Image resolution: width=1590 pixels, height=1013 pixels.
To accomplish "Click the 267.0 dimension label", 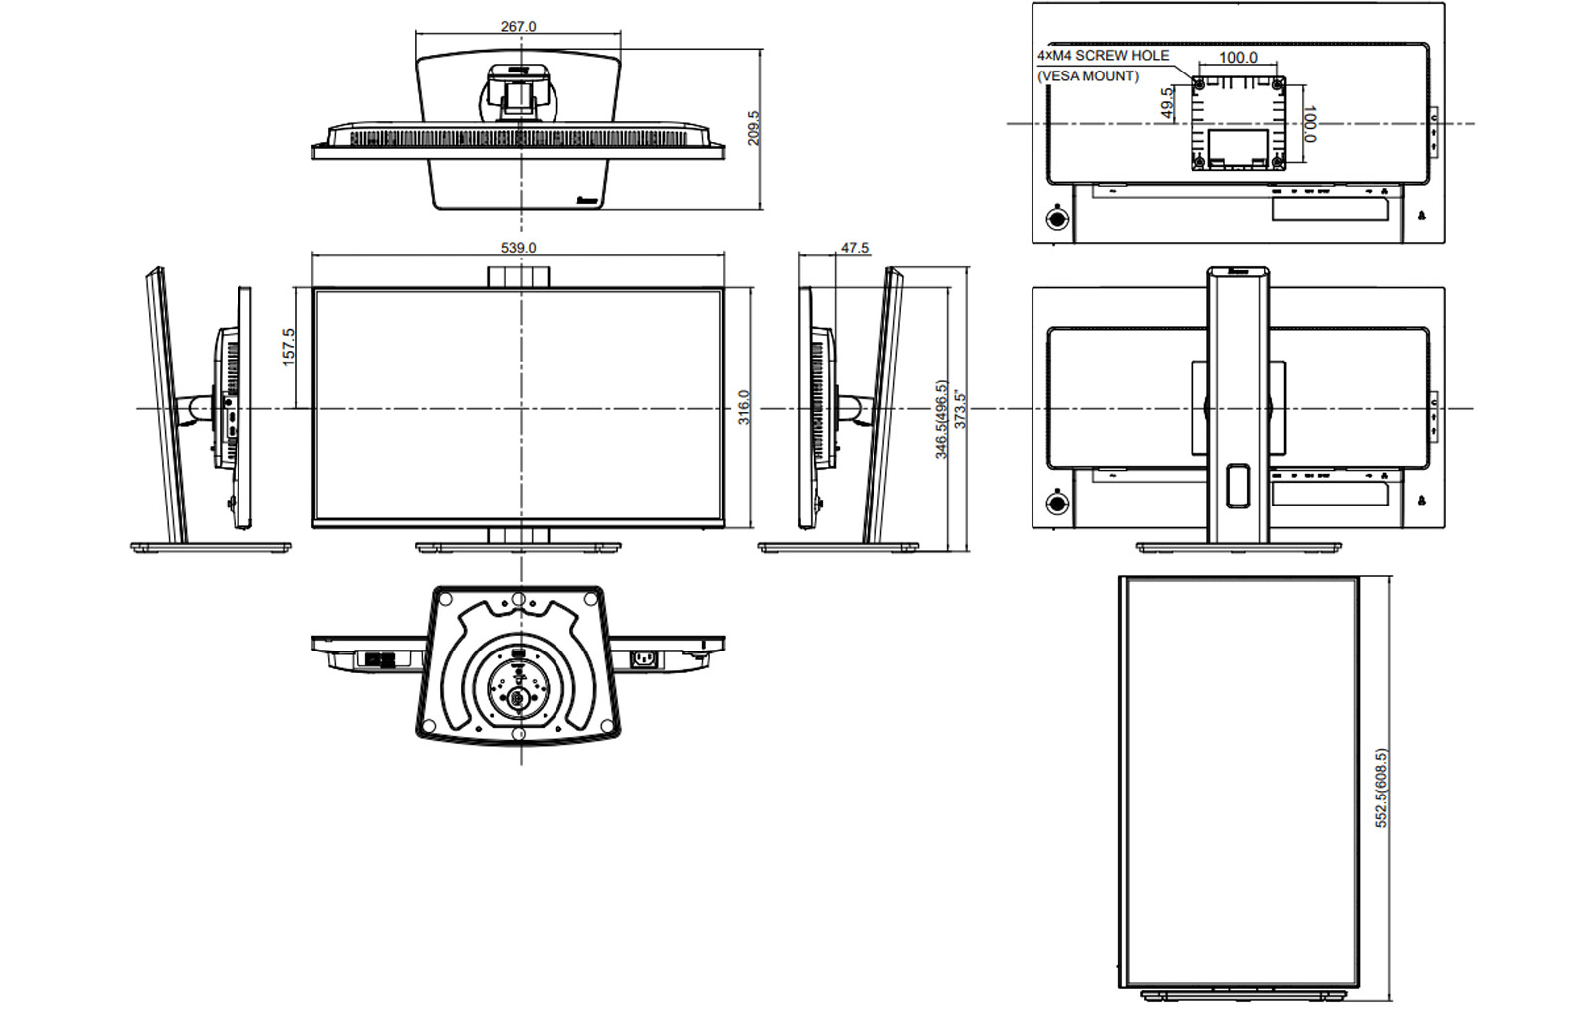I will tap(518, 26).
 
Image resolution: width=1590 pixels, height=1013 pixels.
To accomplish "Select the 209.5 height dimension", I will tap(753, 128).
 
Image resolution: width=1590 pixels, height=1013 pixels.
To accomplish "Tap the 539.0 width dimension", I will tap(518, 247).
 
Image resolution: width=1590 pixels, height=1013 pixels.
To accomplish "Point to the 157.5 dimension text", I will tap(289, 347).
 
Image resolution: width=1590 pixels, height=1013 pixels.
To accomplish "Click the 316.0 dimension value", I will tap(743, 407).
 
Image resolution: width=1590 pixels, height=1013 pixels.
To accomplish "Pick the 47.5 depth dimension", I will tap(854, 248).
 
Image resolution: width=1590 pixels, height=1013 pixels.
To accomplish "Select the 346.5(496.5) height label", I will tap(941, 419).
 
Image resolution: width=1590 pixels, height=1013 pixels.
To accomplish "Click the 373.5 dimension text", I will tap(960, 409).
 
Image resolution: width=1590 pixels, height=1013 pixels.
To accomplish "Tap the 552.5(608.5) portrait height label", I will tap(1381, 788).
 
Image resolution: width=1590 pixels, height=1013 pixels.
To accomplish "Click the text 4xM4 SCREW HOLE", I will tap(1103, 56).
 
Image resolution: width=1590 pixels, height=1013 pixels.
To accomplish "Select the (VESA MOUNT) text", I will tap(1088, 76).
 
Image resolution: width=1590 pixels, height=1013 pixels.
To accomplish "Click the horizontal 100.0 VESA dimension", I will tap(1238, 58).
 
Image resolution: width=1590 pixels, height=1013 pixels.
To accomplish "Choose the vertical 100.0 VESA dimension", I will tap(1309, 124).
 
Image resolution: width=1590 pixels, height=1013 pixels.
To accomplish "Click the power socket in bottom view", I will tap(644, 657).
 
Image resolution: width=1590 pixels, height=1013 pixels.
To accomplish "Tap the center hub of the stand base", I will tap(517, 697).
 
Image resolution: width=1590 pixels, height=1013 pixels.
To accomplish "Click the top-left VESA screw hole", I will tap(1199, 84).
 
